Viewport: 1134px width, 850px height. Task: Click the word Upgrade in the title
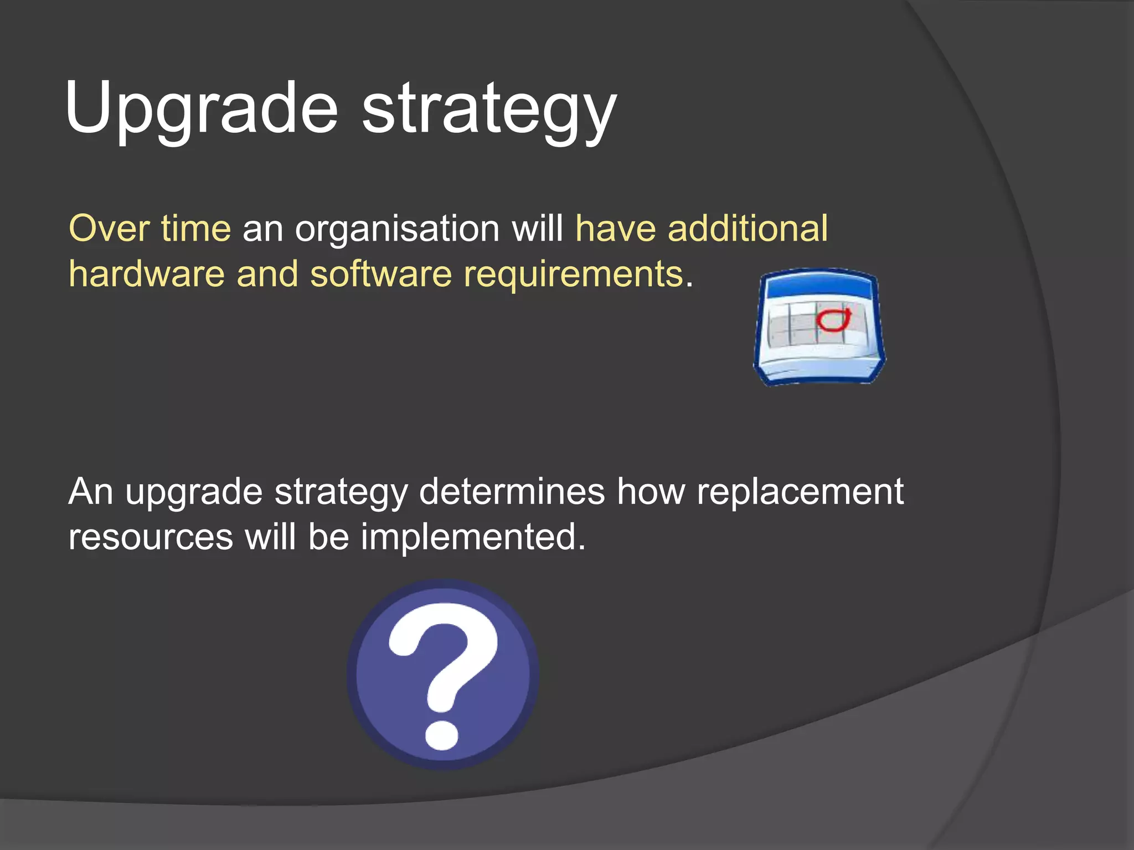coord(200,108)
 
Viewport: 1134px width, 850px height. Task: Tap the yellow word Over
coord(109,228)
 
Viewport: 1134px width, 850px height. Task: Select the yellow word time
coord(195,228)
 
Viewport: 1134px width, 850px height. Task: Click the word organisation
coord(397,229)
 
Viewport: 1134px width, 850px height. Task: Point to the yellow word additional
coord(748,228)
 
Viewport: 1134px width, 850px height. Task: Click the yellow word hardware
coord(146,274)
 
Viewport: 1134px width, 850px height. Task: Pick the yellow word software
coord(380,274)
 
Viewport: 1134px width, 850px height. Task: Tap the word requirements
coord(573,275)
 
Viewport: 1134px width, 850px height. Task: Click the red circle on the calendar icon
coord(833,320)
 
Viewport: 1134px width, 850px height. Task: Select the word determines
coord(512,491)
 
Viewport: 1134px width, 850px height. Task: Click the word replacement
coord(800,491)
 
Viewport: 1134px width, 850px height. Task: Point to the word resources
coord(151,538)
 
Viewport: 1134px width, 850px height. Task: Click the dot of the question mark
coord(442,735)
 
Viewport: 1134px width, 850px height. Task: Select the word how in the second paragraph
coord(651,491)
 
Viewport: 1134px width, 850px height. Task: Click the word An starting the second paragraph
coord(90,491)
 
